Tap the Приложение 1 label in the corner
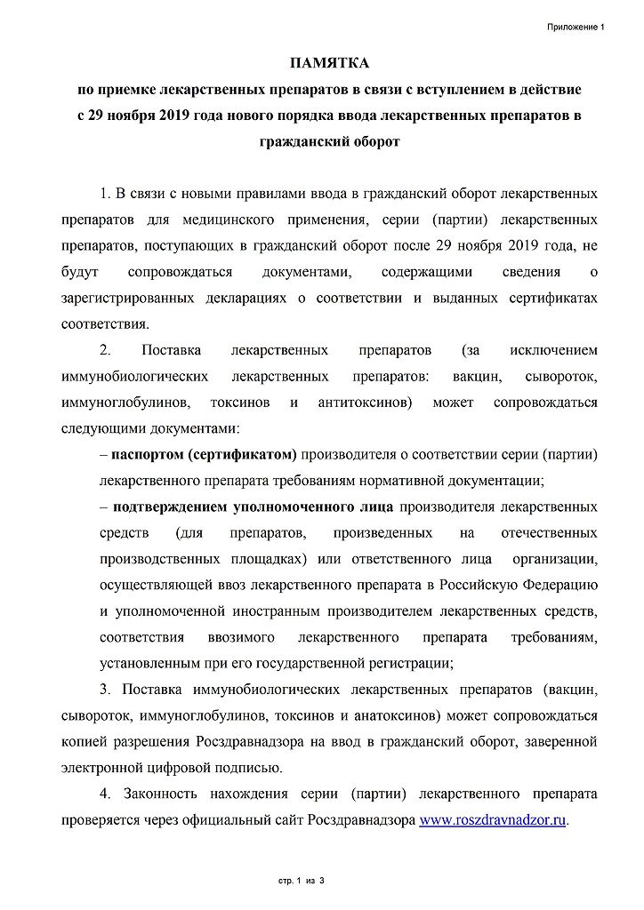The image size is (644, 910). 576,27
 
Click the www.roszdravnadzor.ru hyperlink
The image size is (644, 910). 493,820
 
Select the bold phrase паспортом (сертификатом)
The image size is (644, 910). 204,455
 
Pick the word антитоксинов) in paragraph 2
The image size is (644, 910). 365,402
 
